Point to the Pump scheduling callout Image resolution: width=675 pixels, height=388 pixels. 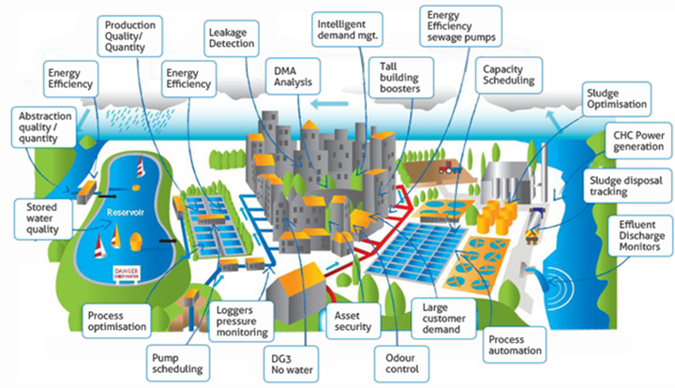(x=176, y=362)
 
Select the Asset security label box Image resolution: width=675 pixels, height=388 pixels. (x=352, y=321)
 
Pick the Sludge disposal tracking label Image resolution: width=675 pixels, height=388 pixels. (x=627, y=186)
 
